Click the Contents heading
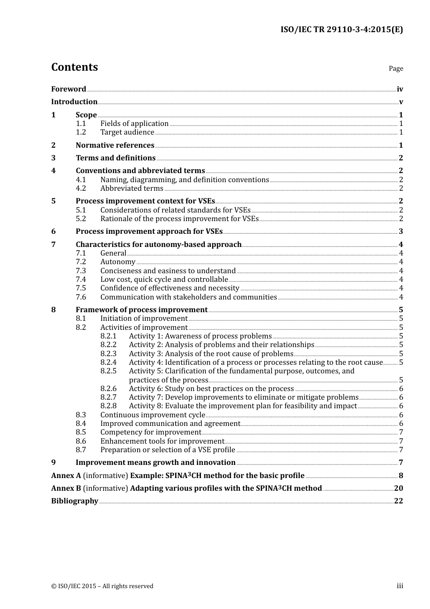pos(74,67)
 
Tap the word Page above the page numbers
pos(396,68)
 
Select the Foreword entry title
pos(68,89)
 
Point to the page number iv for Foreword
pos(400,89)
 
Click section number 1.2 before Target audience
pos(81,132)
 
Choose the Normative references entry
pos(115,145)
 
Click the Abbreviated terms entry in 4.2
pos(132,188)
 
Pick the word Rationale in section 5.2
pos(117,219)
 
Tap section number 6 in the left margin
pos(53,232)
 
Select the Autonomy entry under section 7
pos(118,262)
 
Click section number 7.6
pos(81,297)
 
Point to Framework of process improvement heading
pos(141,310)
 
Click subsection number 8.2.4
pos(108,362)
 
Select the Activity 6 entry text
pos(211,389)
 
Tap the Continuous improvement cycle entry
pos(153,415)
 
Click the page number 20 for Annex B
pos(398,488)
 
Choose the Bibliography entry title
pos(75,501)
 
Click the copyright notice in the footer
pos(102,586)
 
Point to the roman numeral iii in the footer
pos(400,586)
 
